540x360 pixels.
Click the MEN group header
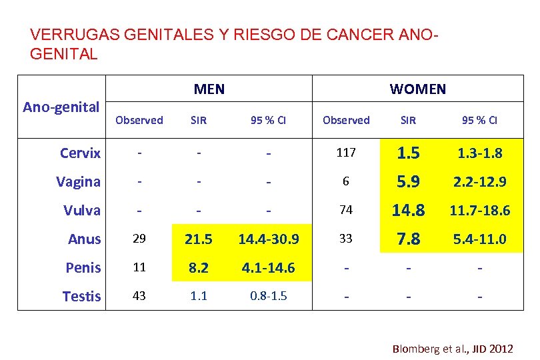point(209,89)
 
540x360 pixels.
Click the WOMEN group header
point(418,89)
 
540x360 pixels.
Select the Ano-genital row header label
point(61,107)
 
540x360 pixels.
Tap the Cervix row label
point(80,153)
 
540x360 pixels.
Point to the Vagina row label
point(79,181)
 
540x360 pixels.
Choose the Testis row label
point(82,296)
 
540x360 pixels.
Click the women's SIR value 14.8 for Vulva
point(408,210)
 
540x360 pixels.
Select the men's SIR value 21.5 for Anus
point(199,239)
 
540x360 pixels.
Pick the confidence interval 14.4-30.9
point(268,239)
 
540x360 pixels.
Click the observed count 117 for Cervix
point(346,153)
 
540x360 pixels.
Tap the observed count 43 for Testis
point(139,296)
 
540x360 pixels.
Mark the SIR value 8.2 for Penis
point(199,267)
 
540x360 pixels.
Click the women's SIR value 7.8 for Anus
point(408,239)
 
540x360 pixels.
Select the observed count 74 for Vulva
point(346,210)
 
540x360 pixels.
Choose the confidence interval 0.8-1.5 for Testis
point(268,296)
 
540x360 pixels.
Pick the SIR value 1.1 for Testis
point(199,296)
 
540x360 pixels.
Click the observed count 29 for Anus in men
point(139,239)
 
